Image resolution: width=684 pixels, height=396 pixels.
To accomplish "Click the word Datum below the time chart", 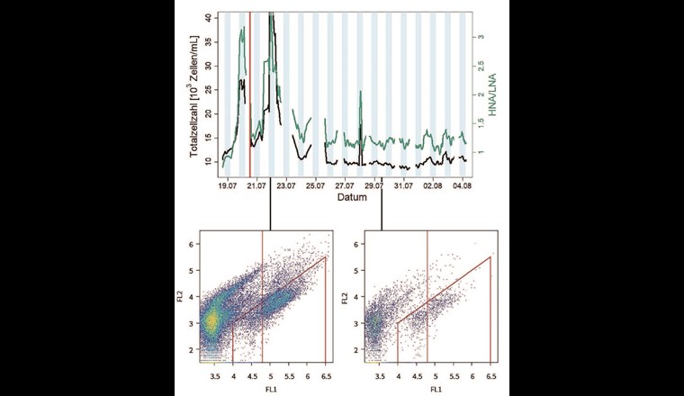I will [x=347, y=197].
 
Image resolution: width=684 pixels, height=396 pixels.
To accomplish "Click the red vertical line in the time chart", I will [x=249, y=90].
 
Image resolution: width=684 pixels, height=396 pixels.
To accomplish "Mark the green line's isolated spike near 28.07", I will [x=360, y=94].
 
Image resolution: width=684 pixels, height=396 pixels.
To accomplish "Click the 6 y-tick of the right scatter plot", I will [x=358, y=245].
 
